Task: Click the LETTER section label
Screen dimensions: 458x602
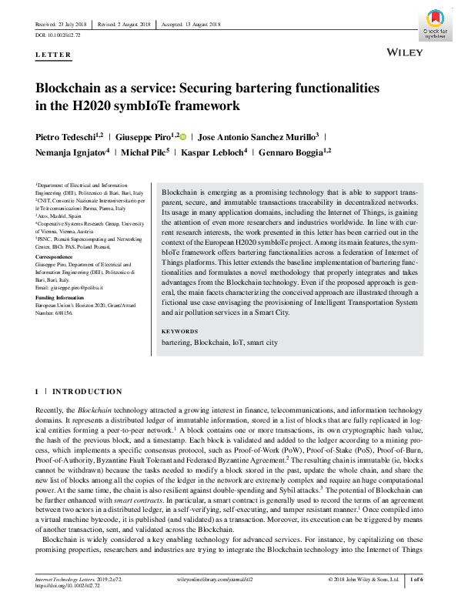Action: point(53,55)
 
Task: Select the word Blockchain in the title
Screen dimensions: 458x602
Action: point(71,89)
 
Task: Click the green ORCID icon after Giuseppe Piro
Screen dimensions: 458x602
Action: point(183,136)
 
